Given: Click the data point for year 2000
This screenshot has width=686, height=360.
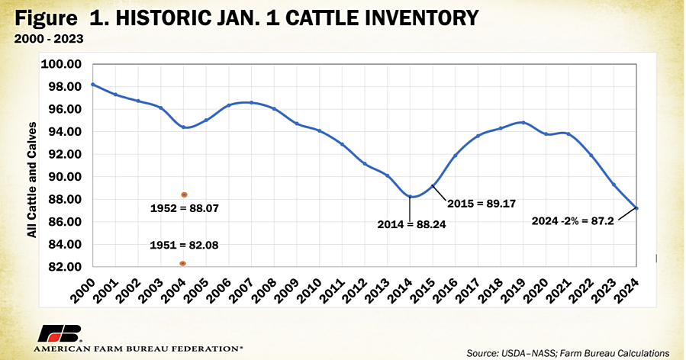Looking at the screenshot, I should (92, 85).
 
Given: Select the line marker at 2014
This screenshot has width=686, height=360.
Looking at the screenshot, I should (411, 197).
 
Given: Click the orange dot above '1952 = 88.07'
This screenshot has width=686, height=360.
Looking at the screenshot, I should (184, 194).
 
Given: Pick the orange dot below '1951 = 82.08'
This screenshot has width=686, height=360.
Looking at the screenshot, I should (183, 264).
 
